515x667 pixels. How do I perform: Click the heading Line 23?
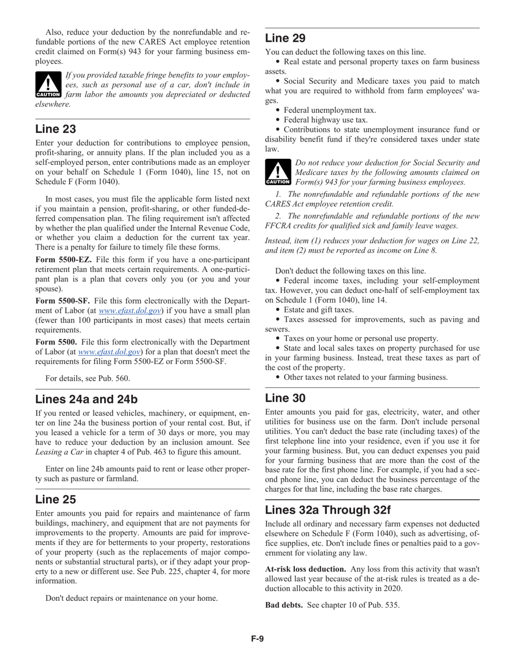pyautogui.click(x=56, y=129)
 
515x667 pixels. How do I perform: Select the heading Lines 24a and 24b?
pyautogui.click(x=86, y=400)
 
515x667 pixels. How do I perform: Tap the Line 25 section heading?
pyautogui.click(x=56, y=499)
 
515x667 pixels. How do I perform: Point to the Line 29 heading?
pyautogui.click(x=285, y=38)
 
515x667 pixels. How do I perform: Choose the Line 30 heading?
pyautogui.click(x=285, y=398)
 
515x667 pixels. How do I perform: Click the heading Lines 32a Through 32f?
pyautogui.click(x=327, y=510)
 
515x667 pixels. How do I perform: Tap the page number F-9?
pyautogui.click(x=257, y=639)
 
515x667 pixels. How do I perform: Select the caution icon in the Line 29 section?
pyautogui.click(x=278, y=172)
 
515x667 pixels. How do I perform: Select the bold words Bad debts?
pyautogui.click(x=284, y=605)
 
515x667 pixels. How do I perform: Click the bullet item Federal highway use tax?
pyautogui.click(x=325, y=120)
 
